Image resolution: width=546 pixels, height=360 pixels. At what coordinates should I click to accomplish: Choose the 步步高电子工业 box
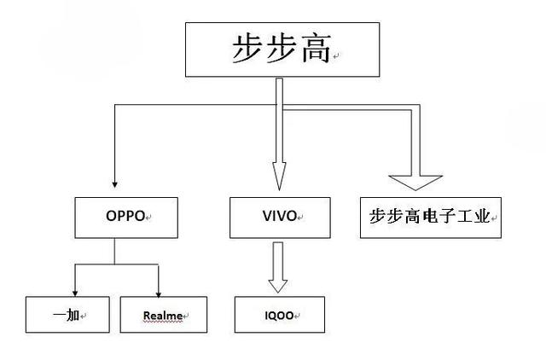click(431, 217)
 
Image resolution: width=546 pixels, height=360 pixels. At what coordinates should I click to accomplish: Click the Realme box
click(163, 315)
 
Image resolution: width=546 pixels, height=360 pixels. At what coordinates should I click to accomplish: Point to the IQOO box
click(279, 315)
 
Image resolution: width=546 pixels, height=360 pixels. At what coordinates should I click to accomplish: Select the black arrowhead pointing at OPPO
click(114, 183)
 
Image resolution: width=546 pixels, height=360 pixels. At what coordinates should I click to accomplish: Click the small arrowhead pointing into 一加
click(75, 291)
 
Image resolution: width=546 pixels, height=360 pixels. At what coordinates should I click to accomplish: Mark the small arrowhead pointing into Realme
click(158, 291)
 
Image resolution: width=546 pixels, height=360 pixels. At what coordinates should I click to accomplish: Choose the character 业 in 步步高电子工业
click(482, 217)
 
